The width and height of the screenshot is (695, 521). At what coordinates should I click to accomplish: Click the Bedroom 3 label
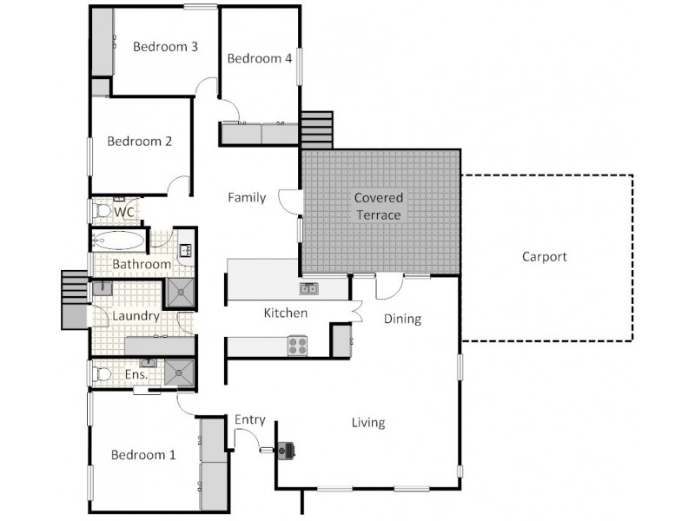pyautogui.click(x=165, y=47)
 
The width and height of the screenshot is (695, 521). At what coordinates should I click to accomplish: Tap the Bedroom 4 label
pyautogui.click(x=259, y=59)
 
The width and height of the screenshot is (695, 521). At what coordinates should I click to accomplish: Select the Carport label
pyautogui.click(x=545, y=256)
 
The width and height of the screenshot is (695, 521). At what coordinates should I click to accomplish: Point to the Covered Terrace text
pyautogui.click(x=379, y=206)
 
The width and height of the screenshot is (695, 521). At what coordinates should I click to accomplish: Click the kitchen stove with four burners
pyautogui.click(x=297, y=345)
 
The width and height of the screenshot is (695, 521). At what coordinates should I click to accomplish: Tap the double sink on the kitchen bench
pyautogui.click(x=309, y=288)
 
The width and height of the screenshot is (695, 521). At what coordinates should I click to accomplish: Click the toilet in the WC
pyautogui.click(x=103, y=211)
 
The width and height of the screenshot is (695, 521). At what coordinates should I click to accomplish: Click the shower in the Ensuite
pyautogui.click(x=180, y=373)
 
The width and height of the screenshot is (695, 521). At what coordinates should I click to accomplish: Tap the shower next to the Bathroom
pyautogui.click(x=181, y=293)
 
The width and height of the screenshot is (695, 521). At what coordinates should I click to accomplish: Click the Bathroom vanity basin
pyautogui.click(x=185, y=251)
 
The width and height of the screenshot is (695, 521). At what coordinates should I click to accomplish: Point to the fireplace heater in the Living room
pyautogui.click(x=287, y=450)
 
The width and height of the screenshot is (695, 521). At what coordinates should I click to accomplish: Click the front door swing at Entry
pyautogui.click(x=248, y=442)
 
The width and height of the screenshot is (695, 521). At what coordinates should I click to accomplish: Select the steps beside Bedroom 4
pyautogui.click(x=316, y=129)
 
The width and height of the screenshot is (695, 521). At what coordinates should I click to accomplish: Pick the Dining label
pyautogui.click(x=402, y=319)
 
